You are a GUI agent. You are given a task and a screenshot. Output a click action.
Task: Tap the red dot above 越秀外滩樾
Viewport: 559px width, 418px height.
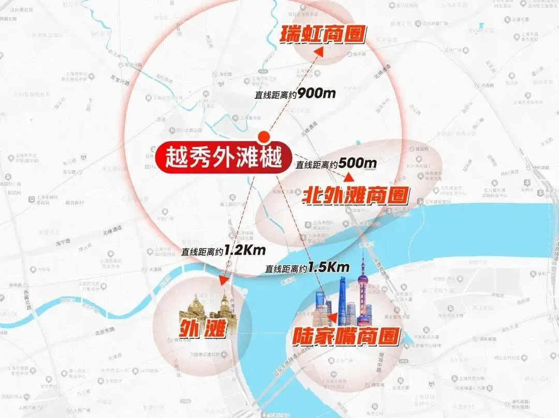pyautogui.click(x=264, y=137)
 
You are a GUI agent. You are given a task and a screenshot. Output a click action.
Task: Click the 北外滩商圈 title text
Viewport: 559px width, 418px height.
pyautogui.click(x=356, y=196)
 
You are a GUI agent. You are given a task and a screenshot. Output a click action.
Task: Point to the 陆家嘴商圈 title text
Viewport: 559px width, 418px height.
pyautogui.click(x=346, y=336)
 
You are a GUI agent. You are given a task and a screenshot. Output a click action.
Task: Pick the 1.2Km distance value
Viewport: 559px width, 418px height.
pyautogui.click(x=245, y=251)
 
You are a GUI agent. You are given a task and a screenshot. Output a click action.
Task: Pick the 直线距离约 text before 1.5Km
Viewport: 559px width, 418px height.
pyautogui.click(x=286, y=269)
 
